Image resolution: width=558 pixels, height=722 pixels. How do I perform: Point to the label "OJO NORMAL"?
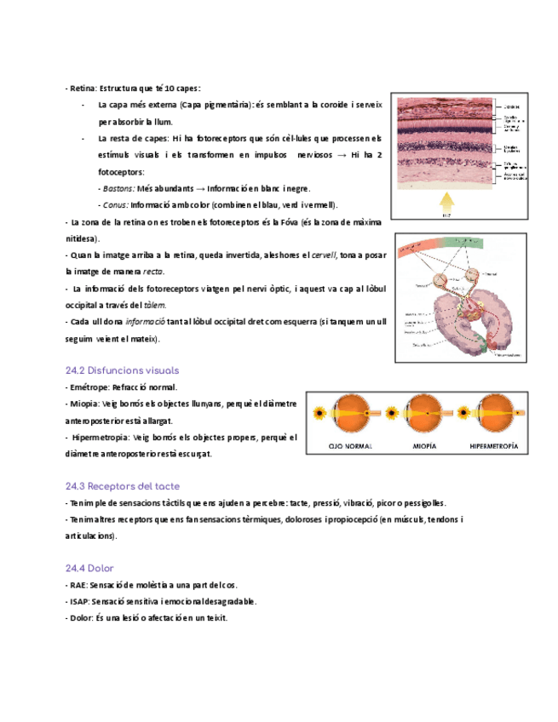click(x=350, y=445)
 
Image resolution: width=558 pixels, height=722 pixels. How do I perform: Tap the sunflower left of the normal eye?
click(x=321, y=415)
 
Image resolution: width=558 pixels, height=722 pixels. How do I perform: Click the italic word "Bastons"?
click(x=118, y=188)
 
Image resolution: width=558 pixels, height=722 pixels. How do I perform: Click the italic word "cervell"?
click(x=324, y=255)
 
